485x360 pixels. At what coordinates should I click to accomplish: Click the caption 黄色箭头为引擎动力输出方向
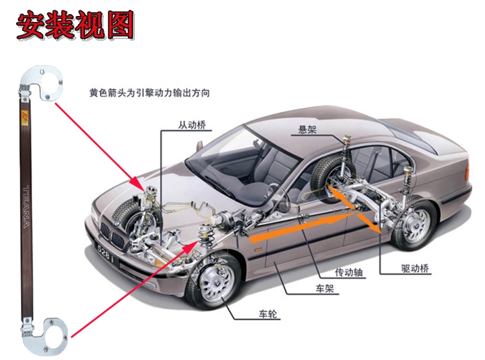(150, 93)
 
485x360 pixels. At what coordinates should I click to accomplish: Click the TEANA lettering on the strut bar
(26, 206)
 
